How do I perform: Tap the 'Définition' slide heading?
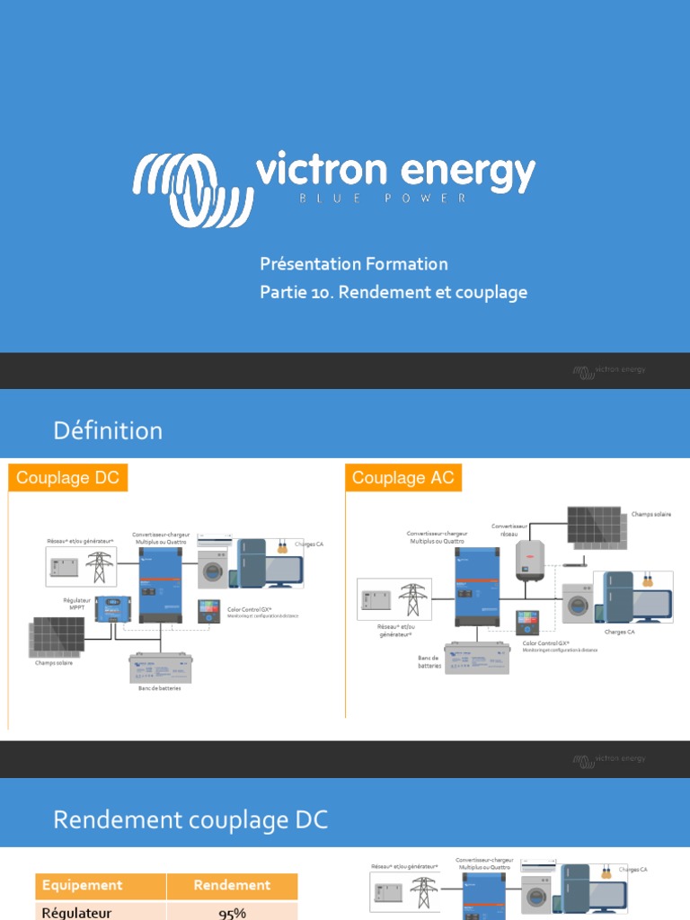(108, 430)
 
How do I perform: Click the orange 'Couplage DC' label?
(68, 478)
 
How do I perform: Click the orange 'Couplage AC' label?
(403, 478)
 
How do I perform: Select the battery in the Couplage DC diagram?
(160, 668)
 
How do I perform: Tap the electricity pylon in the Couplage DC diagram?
(99, 568)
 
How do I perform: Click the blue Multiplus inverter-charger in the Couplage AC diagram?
(476, 587)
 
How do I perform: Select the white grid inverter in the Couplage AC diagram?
(529, 560)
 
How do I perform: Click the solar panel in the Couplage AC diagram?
(594, 526)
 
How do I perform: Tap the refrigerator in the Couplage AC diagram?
(620, 597)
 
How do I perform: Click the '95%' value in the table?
(232, 913)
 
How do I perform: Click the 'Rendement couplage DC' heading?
(190, 819)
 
